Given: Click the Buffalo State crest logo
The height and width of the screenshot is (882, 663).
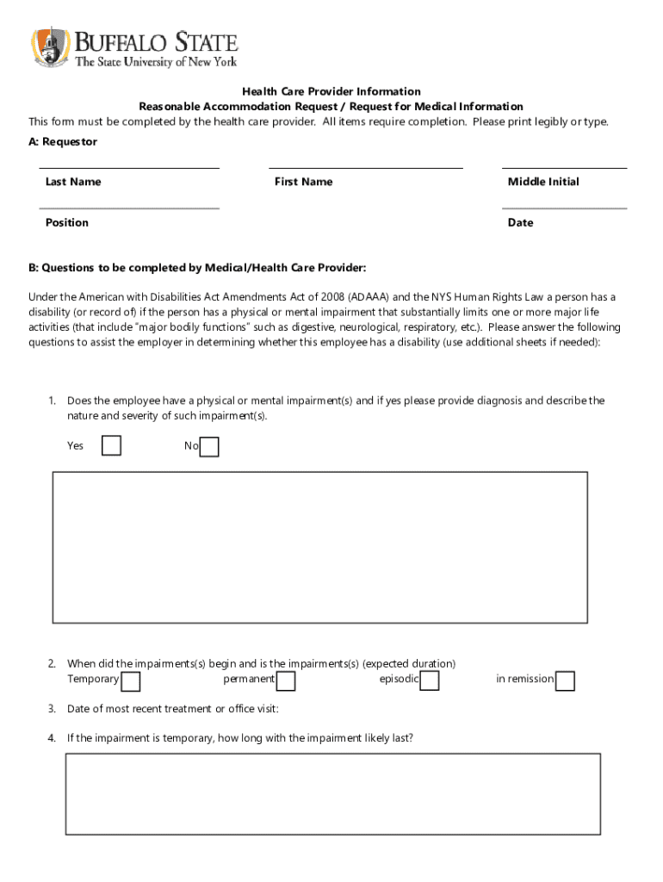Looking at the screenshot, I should point(51,47).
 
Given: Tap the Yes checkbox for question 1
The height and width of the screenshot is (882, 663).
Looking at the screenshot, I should point(111,445).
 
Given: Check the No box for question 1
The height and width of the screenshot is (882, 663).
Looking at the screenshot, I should point(209,447).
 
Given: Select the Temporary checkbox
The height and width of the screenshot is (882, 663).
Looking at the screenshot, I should point(131,681).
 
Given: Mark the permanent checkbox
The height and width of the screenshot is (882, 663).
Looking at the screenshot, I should point(286,681).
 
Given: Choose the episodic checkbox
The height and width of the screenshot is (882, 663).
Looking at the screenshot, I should point(430,681).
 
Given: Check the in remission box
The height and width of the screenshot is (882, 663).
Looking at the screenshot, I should point(565,681).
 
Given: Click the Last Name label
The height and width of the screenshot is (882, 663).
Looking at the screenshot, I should point(73,182).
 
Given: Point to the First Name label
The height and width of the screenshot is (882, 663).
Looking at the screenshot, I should point(303,182).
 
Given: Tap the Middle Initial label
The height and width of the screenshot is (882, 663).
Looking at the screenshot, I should point(543,182).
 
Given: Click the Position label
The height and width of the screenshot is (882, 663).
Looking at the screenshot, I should point(67,223).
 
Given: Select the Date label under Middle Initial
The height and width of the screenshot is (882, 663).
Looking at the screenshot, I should point(520,223).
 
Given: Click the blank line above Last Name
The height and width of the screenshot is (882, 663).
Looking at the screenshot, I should point(129,168).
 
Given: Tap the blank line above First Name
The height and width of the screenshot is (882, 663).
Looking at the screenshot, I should point(366,168).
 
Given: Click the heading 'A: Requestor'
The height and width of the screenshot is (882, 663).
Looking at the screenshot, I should point(63,142).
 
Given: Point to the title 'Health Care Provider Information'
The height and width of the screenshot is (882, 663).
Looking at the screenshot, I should point(331,91).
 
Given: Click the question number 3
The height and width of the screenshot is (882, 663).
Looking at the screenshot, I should point(53,709).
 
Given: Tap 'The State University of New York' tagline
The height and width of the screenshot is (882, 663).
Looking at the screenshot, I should point(156,62).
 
